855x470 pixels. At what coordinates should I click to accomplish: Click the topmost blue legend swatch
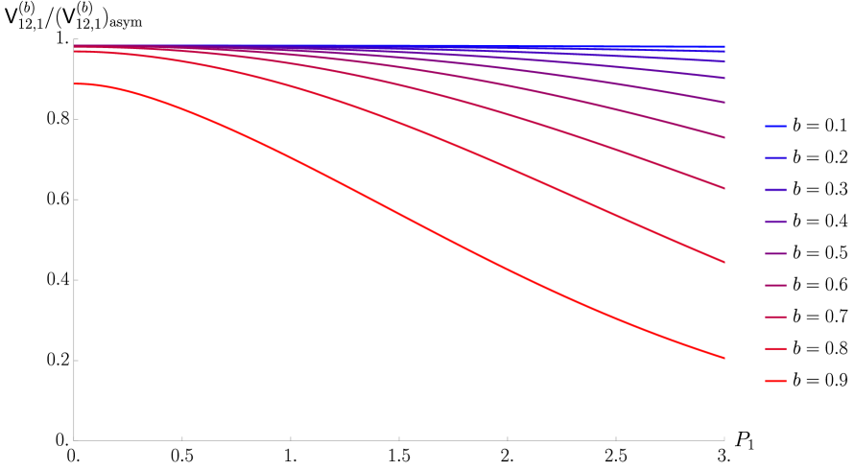775,126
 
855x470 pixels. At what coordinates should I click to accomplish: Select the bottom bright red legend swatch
775,381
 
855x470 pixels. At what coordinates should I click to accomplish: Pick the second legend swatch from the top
775,157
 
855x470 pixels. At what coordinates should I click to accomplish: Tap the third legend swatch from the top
775,190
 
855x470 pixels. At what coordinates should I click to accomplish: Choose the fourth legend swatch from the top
775,222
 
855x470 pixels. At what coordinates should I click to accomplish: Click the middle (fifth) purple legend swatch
775,253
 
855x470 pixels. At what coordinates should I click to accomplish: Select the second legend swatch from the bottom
775,349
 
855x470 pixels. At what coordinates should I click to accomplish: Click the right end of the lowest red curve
724,358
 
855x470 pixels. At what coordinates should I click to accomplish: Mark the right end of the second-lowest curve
724,261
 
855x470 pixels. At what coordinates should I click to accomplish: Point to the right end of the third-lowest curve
724,188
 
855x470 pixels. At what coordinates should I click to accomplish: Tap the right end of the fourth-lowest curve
724,137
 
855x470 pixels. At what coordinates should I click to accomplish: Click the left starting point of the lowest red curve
75,84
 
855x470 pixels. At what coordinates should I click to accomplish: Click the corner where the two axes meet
74,440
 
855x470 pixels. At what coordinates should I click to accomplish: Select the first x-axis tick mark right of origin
182,439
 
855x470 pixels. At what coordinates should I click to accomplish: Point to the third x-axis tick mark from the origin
399,439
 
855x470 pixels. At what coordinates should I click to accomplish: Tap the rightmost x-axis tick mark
724,439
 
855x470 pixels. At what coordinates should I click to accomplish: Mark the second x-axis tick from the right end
615,439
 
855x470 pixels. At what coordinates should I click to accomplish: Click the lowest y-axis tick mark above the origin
75,360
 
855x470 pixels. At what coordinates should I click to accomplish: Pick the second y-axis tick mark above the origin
75,279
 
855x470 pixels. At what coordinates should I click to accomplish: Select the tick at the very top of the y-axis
75,39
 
